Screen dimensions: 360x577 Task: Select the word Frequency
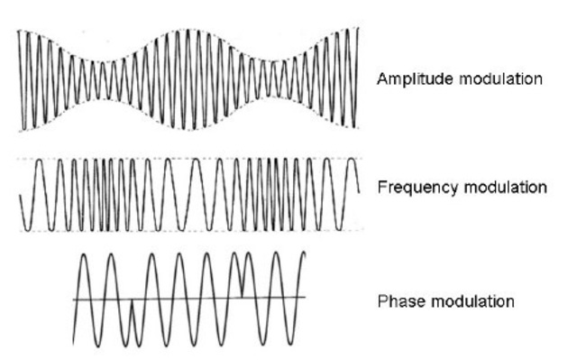point(414,189)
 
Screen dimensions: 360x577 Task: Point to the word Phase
point(397,301)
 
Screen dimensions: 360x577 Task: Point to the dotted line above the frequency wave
point(180,159)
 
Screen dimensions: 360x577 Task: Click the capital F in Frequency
point(381,188)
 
